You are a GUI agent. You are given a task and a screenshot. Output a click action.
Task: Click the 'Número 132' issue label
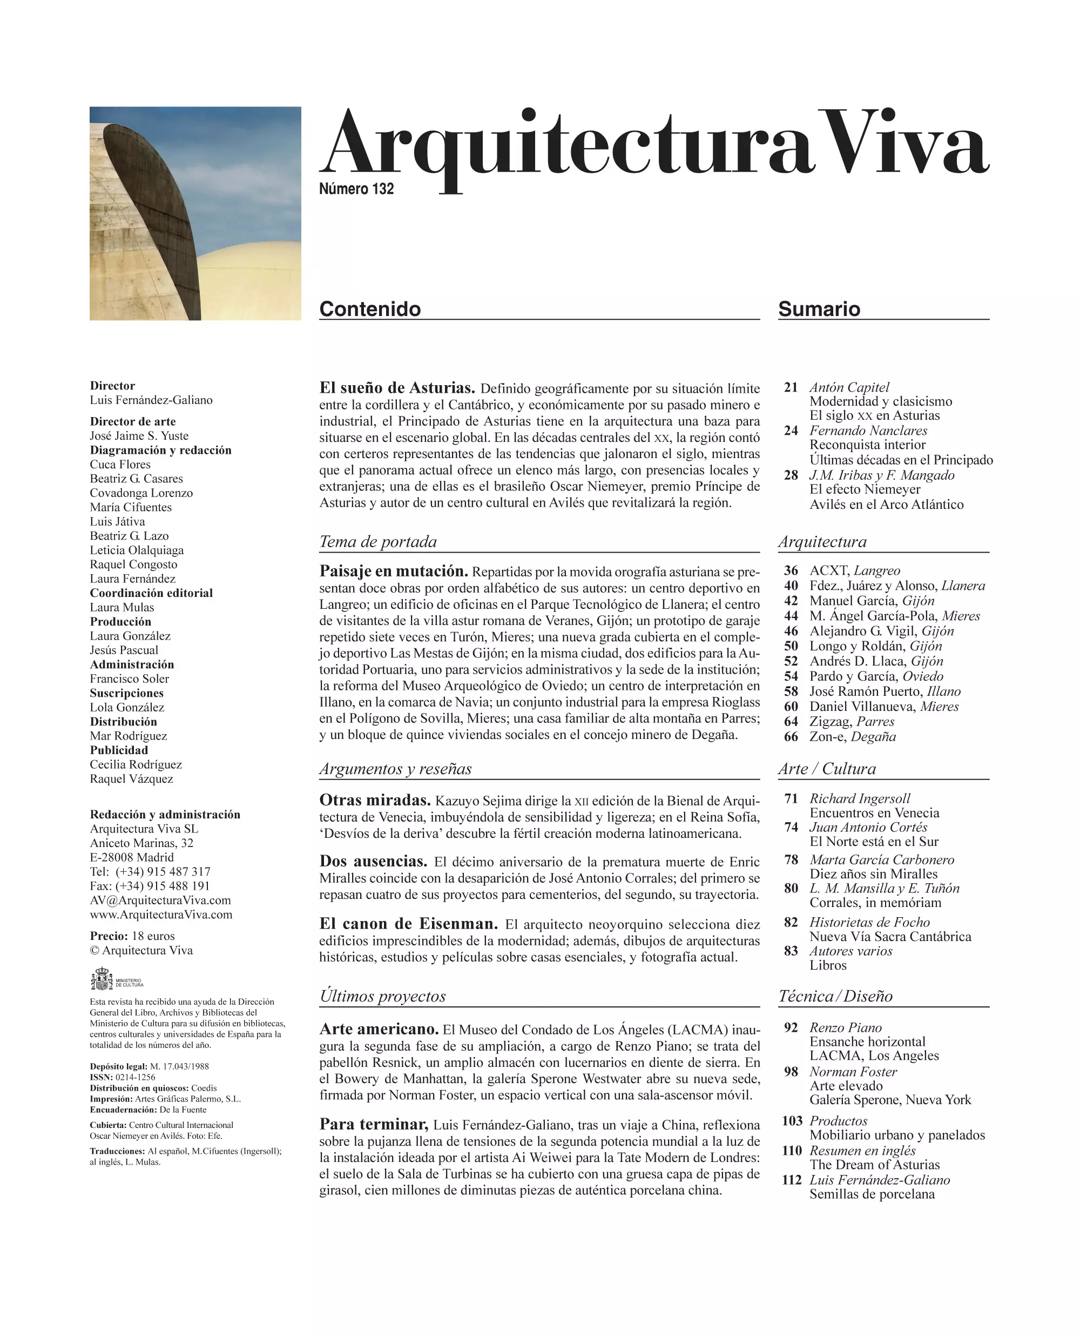coord(356,189)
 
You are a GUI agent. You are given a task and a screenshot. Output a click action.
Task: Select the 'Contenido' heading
coord(369,309)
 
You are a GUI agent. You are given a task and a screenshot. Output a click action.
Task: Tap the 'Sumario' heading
coord(819,309)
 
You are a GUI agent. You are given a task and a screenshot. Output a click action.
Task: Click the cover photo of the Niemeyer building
coord(195,213)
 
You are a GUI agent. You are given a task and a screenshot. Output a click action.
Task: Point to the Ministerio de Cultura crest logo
coord(102,979)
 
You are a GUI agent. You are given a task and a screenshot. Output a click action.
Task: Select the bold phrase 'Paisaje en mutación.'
coord(393,572)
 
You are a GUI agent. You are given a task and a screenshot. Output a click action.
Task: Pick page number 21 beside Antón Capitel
coord(791,387)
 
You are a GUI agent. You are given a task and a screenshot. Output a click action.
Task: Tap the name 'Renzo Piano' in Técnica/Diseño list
coord(846,1027)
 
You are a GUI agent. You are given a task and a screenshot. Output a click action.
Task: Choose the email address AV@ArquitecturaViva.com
coord(160,900)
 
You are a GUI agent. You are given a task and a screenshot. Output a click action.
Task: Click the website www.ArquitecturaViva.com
coord(161,915)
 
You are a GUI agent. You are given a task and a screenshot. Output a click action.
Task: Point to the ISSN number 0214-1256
coord(135,1077)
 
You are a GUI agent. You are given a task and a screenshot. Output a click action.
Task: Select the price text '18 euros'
coord(153,936)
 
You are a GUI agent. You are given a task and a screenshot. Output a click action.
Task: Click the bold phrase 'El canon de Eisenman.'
coord(408,924)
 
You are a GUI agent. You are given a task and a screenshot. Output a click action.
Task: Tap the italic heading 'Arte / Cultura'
coord(827,769)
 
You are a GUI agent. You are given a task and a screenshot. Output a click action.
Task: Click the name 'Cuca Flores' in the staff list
coord(120,465)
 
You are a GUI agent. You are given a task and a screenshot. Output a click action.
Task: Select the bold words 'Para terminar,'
coord(373,1124)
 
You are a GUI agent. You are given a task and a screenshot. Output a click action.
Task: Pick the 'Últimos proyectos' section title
coord(383,996)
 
